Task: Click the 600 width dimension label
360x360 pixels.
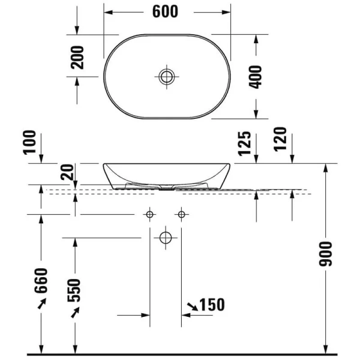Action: point(165,11)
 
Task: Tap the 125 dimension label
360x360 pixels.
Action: point(244,145)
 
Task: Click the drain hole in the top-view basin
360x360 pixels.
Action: point(166,76)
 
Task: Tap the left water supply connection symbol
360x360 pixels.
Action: point(149,214)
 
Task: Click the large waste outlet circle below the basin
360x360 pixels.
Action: point(166,238)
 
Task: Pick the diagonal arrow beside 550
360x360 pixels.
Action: point(75,312)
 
